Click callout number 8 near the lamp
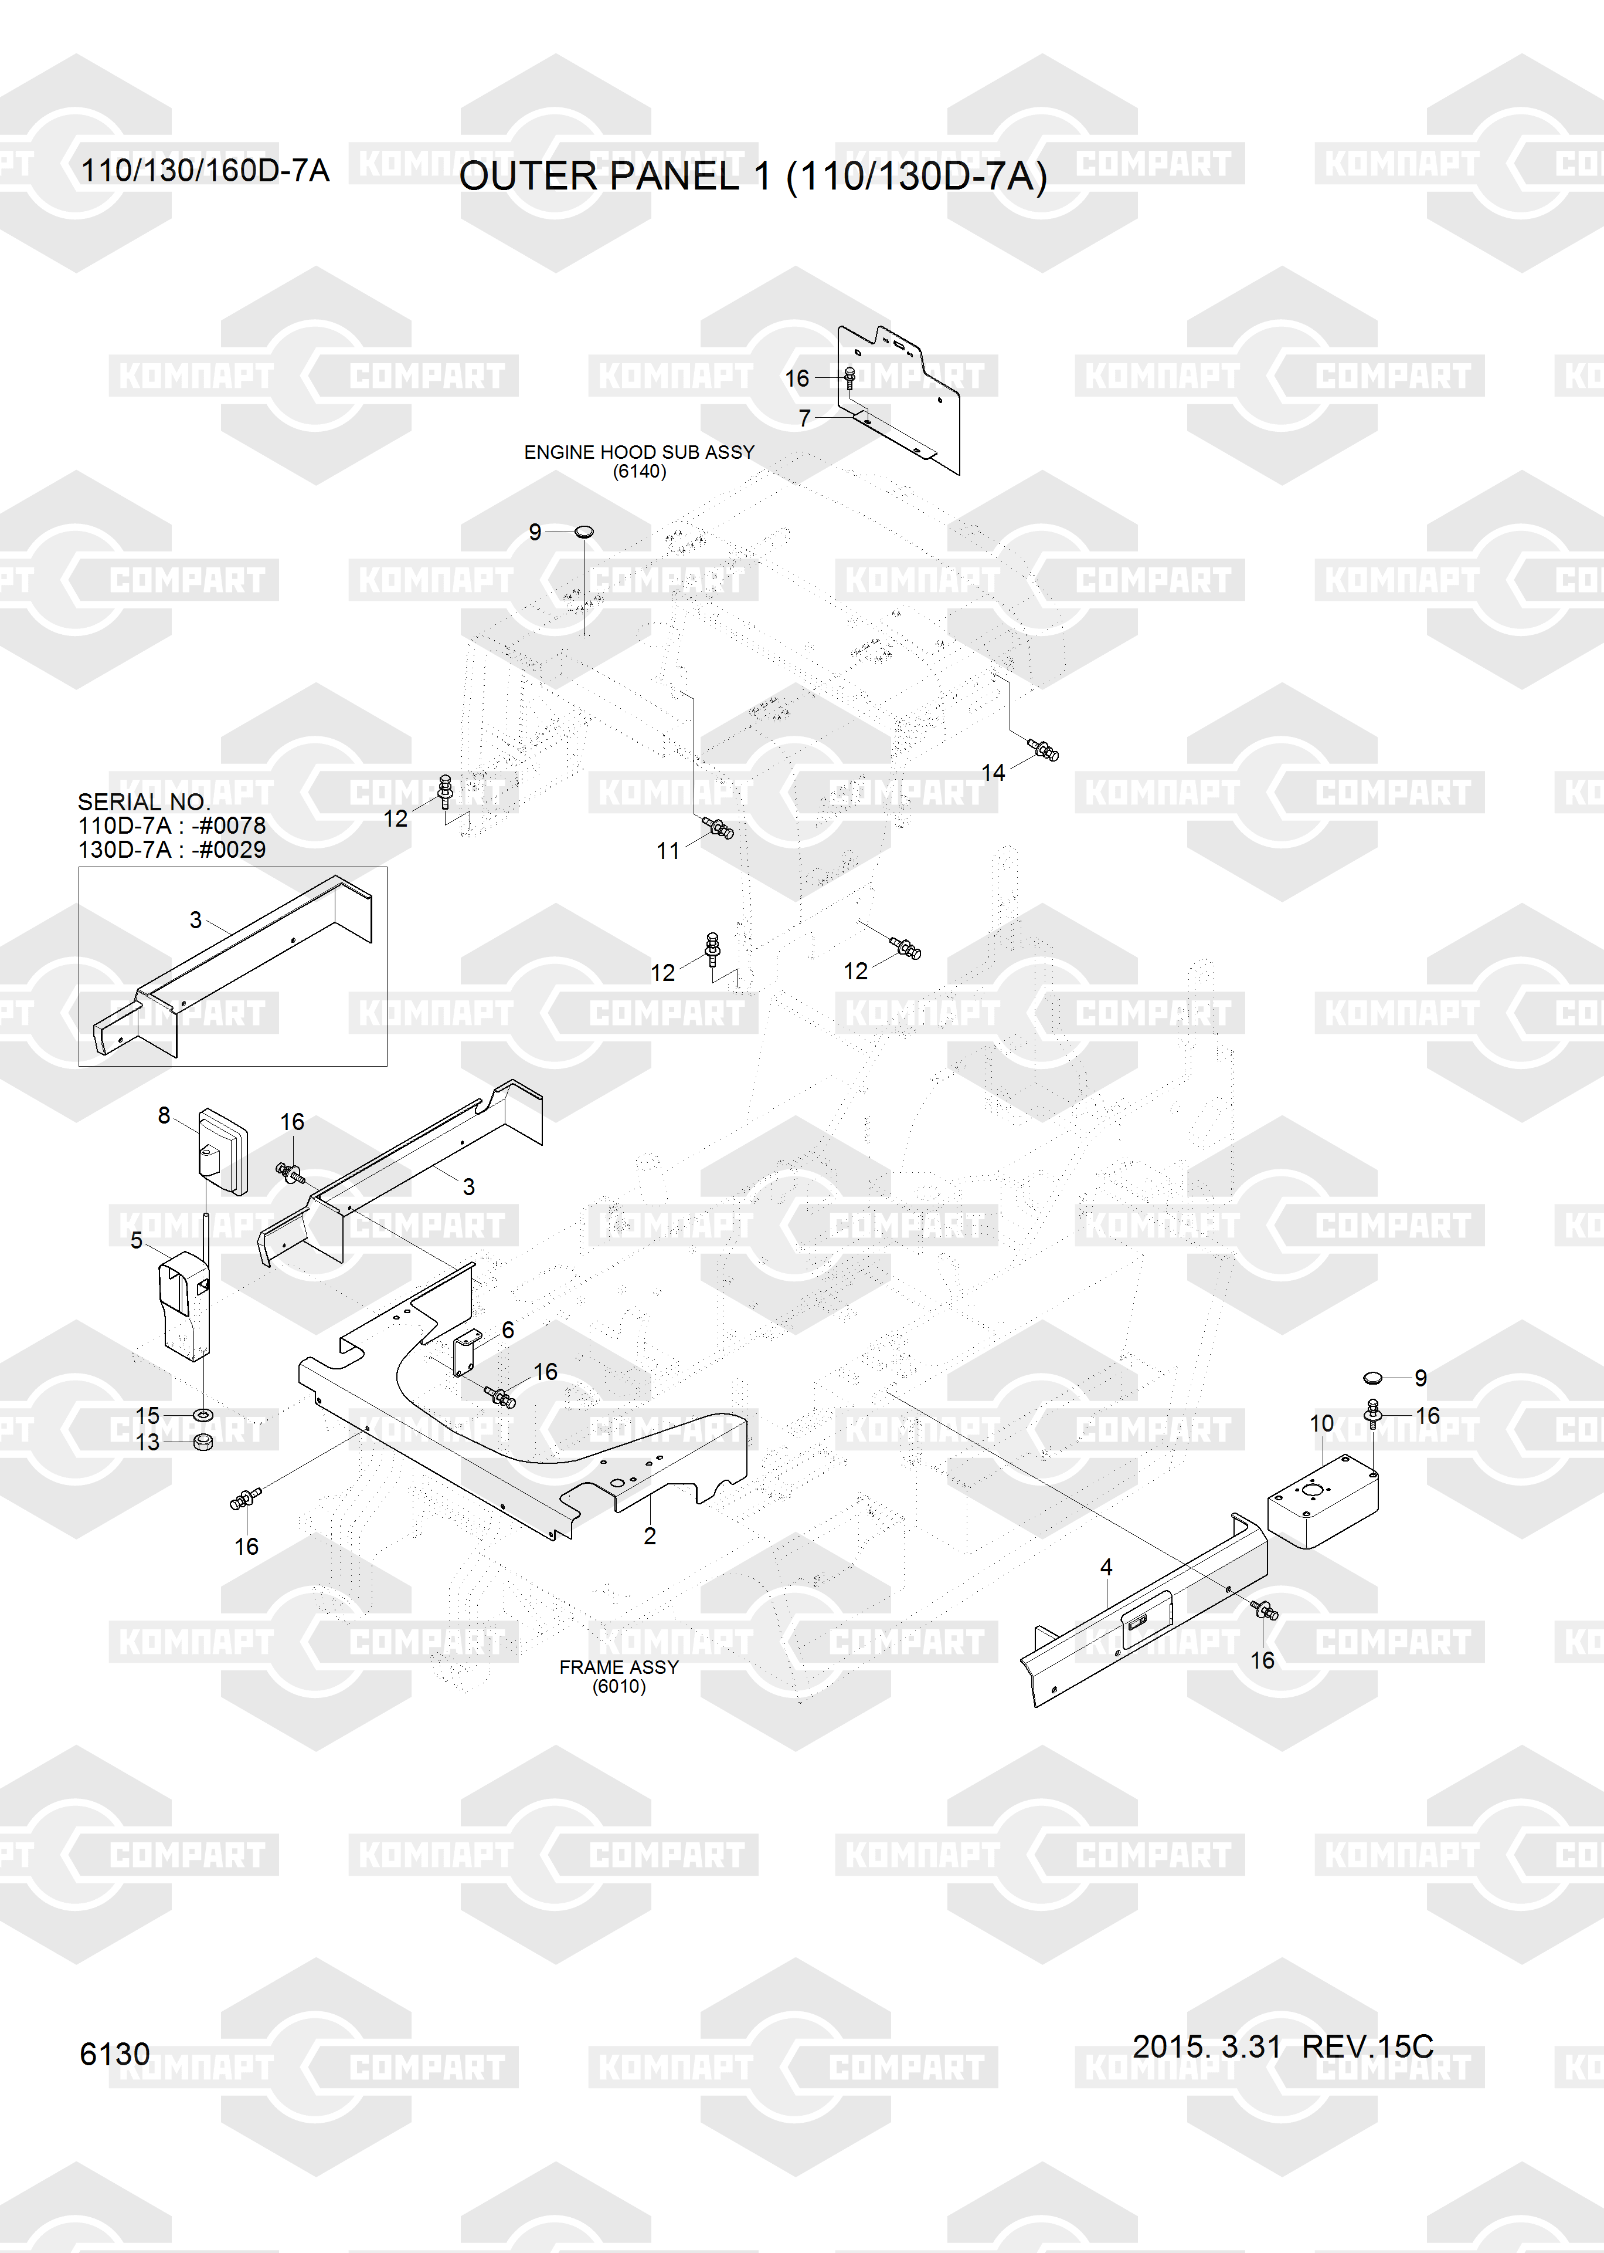point(164,1115)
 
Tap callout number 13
point(147,1443)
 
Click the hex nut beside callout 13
point(202,1442)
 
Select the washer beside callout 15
point(202,1416)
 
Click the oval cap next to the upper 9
point(584,533)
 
